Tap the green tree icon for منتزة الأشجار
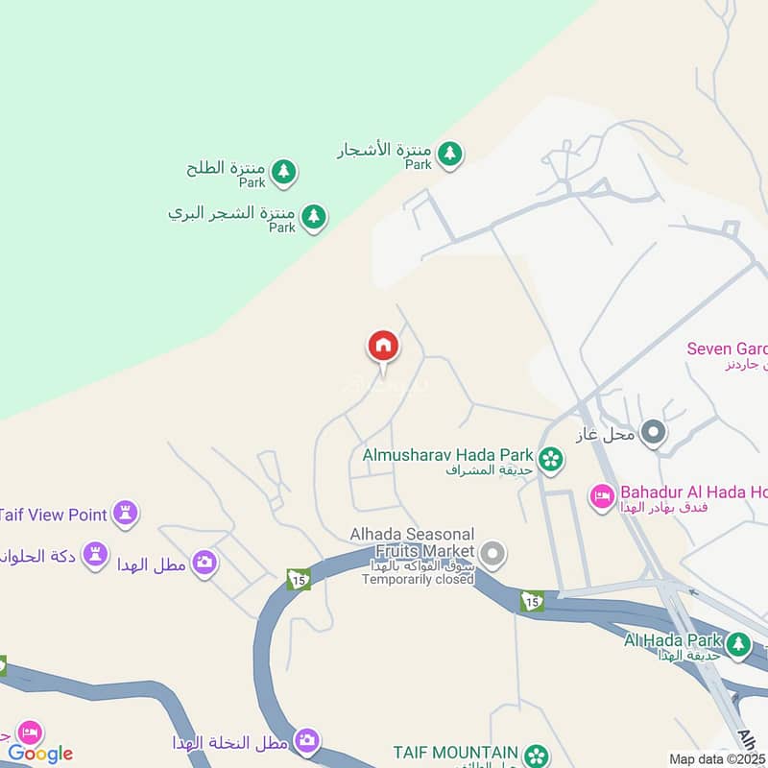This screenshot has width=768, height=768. (x=448, y=153)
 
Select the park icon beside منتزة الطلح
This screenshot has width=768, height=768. (x=283, y=172)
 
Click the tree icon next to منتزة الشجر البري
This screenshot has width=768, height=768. (x=313, y=217)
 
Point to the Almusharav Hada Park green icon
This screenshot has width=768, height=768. (x=550, y=459)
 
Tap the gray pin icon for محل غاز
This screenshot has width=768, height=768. (x=654, y=434)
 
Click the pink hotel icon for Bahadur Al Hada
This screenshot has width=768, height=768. (x=602, y=497)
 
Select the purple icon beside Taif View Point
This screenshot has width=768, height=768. (x=125, y=514)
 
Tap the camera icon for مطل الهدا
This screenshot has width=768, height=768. (x=204, y=563)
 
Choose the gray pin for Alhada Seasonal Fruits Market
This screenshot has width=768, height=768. (x=493, y=553)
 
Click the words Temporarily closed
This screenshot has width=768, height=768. (x=419, y=579)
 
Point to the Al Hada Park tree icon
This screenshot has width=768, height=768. (x=737, y=644)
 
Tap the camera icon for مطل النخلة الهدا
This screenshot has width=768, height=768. (x=307, y=740)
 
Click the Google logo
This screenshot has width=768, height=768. (x=40, y=754)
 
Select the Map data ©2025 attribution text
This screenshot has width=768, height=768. (x=717, y=759)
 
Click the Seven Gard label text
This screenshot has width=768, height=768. (x=727, y=348)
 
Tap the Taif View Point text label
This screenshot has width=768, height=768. (x=53, y=515)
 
